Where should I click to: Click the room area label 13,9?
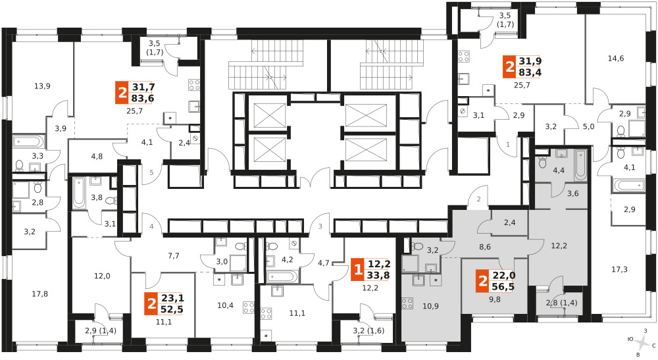click(42, 86)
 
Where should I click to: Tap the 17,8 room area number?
click(40, 294)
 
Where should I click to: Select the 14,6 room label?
click(616, 59)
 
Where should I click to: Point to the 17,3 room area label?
click(619, 269)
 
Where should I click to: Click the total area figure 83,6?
click(143, 98)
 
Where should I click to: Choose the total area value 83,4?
click(530, 72)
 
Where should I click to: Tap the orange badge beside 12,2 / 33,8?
click(357, 269)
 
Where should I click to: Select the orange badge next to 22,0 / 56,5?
click(483, 281)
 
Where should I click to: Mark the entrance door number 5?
click(152, 172)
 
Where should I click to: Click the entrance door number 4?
click(152, 226)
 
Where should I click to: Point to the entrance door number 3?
click(320, 226)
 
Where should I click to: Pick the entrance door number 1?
click(508, 145)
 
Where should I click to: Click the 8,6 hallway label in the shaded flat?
click(485, 247)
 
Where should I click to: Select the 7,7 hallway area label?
click(173, 255)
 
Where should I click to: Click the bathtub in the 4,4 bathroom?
click(581, 165)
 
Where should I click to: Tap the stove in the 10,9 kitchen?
click(407, 303)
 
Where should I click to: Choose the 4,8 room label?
click(97, 157)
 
